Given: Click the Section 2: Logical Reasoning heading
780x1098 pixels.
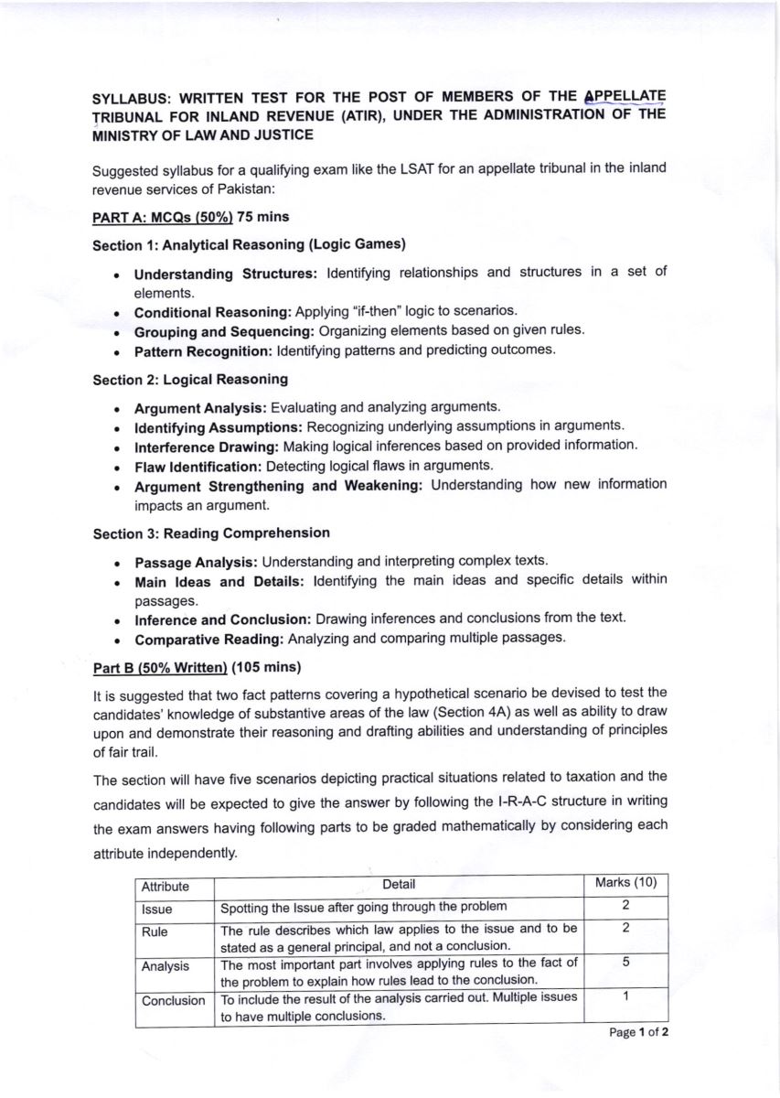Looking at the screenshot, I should pyautogui.click(x=190, y=378).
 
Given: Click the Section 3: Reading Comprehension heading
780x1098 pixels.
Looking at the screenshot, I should pyautogui.click(x=211, y=533).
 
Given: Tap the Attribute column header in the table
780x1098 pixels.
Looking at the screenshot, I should pyautogui.click(x=166, y=887).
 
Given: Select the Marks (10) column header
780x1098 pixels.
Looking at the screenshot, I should pyautogui.click(x=625, y=884).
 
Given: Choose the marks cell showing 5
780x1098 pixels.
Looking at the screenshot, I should pyautogui.click(x=625, y=963).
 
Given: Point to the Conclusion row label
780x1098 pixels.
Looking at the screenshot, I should pyautogui.click(x=174, y=1001).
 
